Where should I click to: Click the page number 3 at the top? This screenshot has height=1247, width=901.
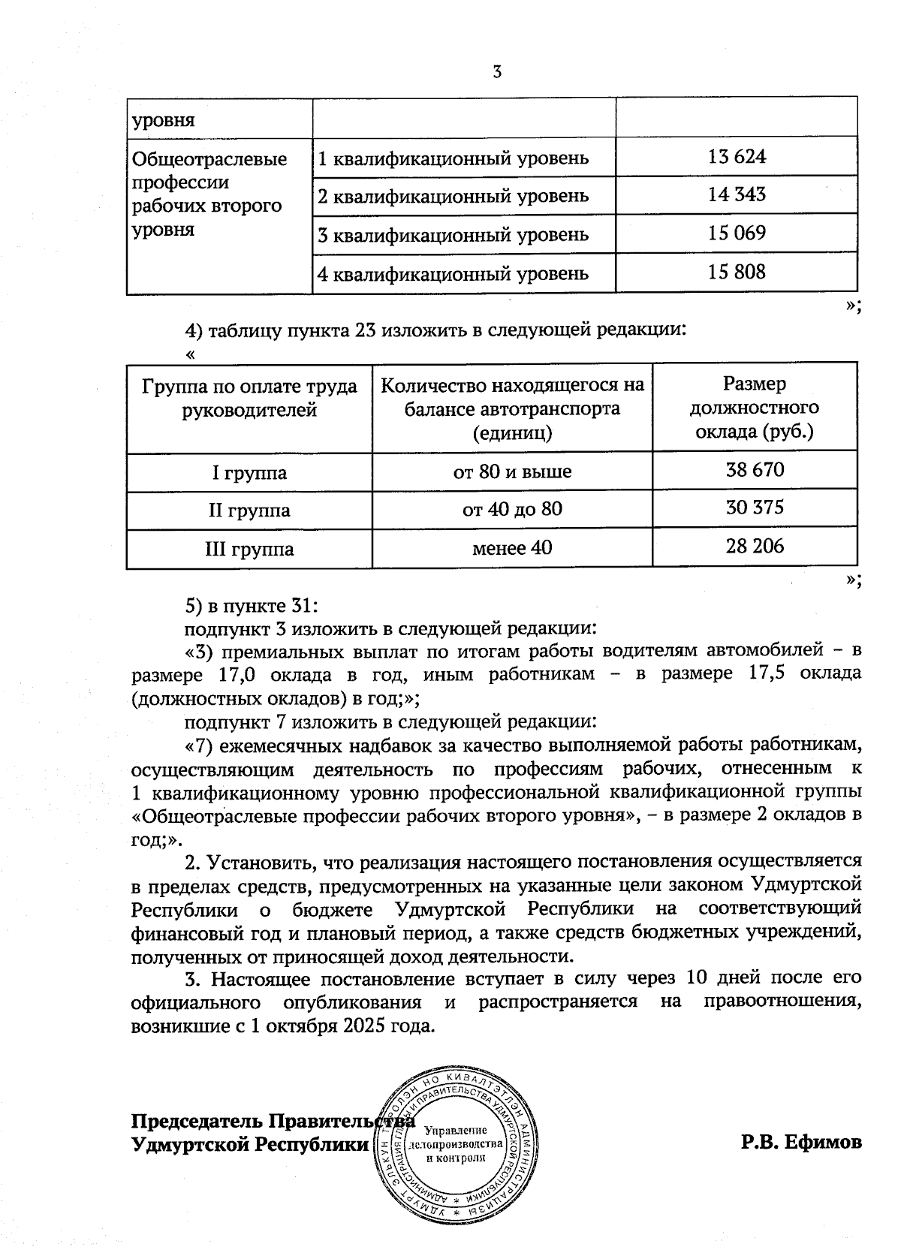(496, 72)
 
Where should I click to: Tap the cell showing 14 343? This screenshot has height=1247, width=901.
(736, 195)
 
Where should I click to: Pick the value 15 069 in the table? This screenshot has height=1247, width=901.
(736, 233)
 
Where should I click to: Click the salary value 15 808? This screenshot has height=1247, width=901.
(736, 272)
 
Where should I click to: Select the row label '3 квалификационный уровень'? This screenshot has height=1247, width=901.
(453, 235)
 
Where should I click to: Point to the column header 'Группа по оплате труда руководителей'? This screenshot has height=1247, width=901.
(249, 398)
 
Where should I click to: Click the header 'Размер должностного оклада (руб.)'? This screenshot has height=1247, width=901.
(754, 408)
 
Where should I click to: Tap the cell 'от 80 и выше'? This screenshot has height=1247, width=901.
(512, 471)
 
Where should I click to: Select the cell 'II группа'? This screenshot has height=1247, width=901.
(249, 511)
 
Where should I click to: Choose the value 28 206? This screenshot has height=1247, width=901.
(754, 547)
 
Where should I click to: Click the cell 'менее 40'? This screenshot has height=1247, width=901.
(512, 548)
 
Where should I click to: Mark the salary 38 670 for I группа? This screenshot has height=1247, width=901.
(754, 470)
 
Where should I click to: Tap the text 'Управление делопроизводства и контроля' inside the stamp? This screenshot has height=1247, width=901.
(454, 1144)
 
